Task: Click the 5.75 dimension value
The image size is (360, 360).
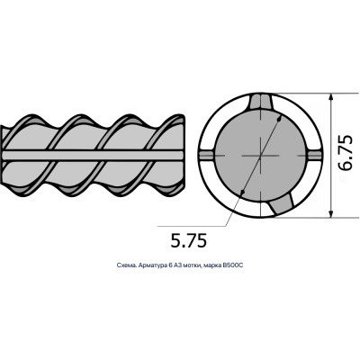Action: point(189,240)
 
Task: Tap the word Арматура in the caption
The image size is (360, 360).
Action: point(151,265)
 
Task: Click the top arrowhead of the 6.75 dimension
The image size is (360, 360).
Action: point(330,96)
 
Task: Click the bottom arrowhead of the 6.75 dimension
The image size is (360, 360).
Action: point(330,214)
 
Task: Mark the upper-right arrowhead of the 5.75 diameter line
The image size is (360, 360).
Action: point(280,118)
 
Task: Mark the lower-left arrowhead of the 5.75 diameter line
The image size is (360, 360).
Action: point(242,193)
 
